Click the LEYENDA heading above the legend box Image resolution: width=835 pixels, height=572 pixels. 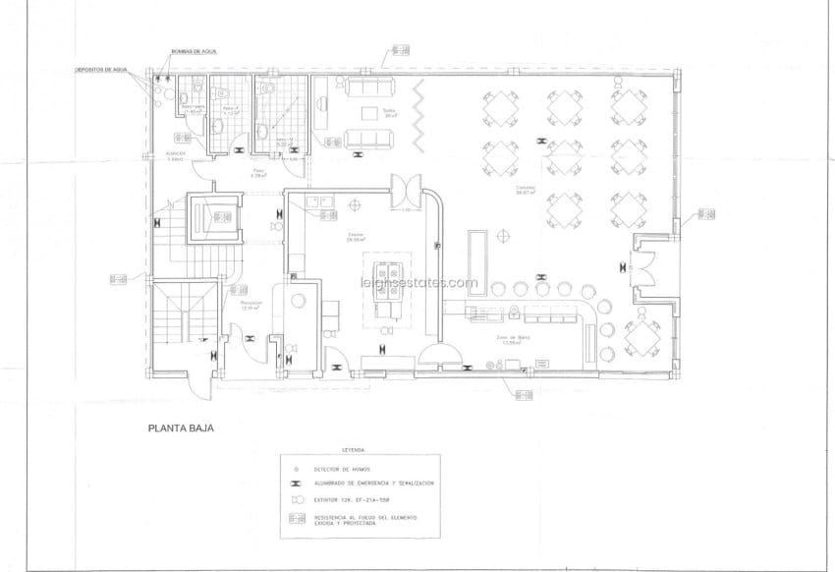click(x=353, y=450)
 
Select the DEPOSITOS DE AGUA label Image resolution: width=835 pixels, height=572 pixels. click(x=101, y=71)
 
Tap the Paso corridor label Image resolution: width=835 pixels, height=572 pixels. click(x=259, y=174)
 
